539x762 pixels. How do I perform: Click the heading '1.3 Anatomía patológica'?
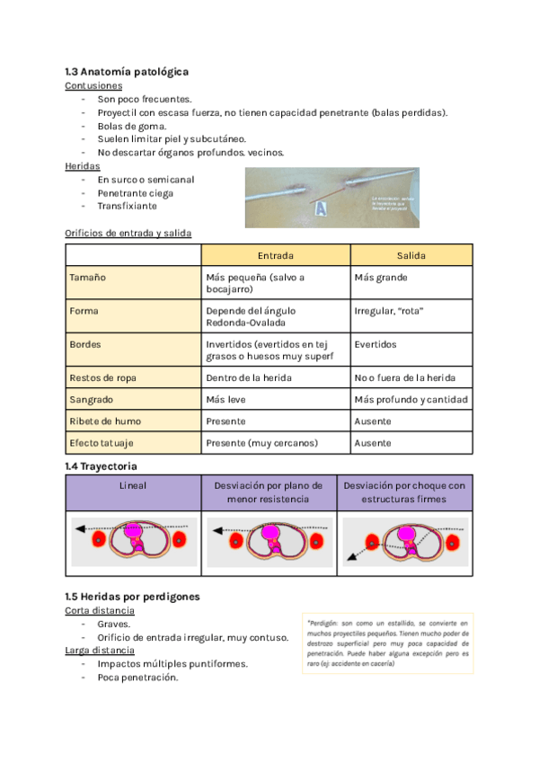coord(127,71)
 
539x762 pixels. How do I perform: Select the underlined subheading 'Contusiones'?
coord(93,85)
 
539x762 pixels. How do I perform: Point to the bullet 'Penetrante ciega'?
coord(136,193)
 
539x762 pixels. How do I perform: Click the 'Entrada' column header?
coord(276,255)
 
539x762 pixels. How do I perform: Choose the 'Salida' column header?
coord(411,255)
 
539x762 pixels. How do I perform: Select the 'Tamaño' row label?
coord(88,278)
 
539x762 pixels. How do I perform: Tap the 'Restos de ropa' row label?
coord(103,378)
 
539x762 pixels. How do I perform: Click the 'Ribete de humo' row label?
coord(105,421)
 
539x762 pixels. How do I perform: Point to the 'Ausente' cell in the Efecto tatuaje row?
coord(373,443)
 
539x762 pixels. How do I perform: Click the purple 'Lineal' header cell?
coord(133,485)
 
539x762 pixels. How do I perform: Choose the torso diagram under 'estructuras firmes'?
coord(404,540)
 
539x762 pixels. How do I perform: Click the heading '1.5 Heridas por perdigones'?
coord(132,596)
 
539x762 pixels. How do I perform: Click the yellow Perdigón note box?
coord(387,643)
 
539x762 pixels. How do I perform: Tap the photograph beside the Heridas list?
coord(331,197)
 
